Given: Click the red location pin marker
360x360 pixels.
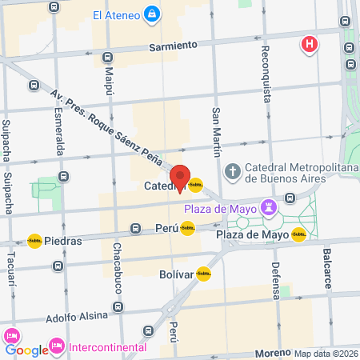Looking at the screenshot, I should click(x=180, y=178).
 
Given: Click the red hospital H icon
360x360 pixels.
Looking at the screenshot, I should click(x=308, y=44).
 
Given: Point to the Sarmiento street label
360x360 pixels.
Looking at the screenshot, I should click(x=173, y=48).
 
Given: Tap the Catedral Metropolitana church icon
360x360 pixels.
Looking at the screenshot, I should click(x=232, y=170).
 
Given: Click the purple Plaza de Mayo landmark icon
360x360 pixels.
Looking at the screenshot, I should click(x=269, y=208).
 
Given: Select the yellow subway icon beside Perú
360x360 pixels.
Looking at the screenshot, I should click(x=187, y=228).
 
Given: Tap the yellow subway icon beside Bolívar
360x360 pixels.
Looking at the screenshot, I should click(x=203, y=274).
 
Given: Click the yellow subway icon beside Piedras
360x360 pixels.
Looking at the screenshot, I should click(x=34, y=240).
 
